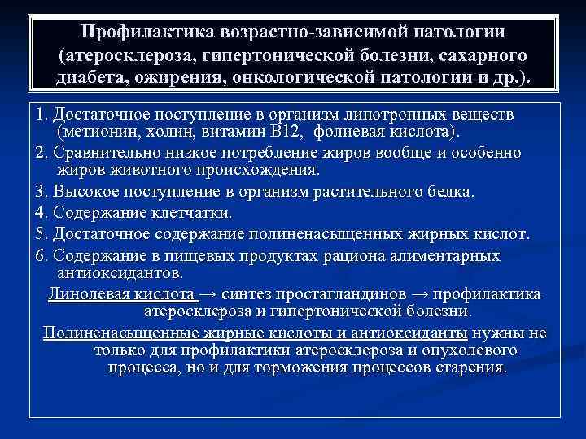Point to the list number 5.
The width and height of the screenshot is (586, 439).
coord(38,234)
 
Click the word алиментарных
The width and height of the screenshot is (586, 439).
coord(443,255)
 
